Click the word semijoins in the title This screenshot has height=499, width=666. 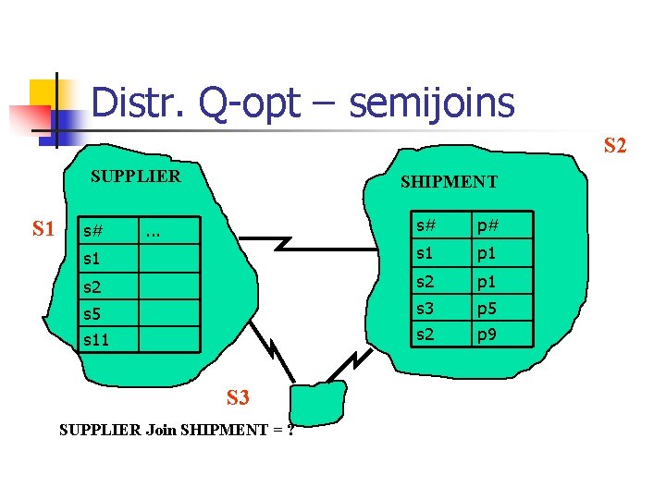tap(431, 103)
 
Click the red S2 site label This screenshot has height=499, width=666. tap(615, 145)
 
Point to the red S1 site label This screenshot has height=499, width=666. tap(43, 228)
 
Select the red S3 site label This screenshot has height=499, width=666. tap(239, 398)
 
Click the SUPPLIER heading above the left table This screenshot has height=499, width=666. tap(135, 176)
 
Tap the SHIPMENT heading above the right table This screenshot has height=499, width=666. tap(449, 182)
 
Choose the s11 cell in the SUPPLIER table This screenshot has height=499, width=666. tap(96, 340)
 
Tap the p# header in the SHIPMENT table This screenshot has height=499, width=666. tap(488, 225)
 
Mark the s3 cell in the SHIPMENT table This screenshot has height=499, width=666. tap(426, 307)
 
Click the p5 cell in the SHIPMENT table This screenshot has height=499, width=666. tap(488, 307)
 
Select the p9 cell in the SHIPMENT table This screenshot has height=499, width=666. tap(488, 334)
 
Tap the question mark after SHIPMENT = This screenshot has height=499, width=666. tap(290, 430)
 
